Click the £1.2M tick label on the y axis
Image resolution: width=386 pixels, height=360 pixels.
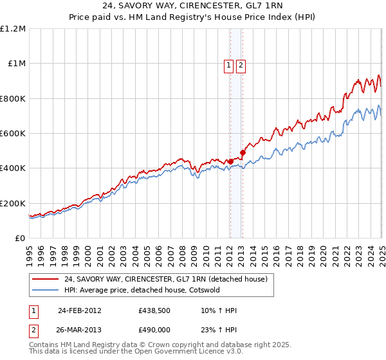tap(13, 29)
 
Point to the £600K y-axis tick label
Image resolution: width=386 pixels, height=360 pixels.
tap(13, 134)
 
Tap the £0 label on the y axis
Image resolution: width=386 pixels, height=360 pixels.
tap(20, 239)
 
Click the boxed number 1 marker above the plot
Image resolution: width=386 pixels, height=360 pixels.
tap(229, 64)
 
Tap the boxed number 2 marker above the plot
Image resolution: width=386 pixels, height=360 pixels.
tap(241, 64)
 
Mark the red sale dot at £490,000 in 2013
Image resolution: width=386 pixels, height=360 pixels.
tap(243, 153)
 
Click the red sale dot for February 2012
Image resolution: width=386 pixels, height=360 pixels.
tap(230, 161)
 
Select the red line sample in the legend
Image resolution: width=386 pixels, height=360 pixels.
tap(46, 280)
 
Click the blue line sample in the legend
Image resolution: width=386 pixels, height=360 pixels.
tap(46, 290)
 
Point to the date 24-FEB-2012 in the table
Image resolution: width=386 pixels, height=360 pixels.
tap(79, 310)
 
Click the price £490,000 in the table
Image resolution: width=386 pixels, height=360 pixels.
tap(154, 330)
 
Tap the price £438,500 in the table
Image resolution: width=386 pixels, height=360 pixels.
tap(154, 310)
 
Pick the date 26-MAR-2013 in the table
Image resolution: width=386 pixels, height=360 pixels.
tap(79, 330)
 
